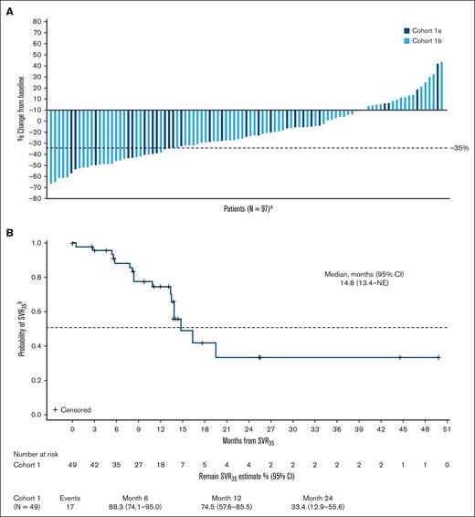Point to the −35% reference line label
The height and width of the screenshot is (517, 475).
(x=459, y=147)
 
